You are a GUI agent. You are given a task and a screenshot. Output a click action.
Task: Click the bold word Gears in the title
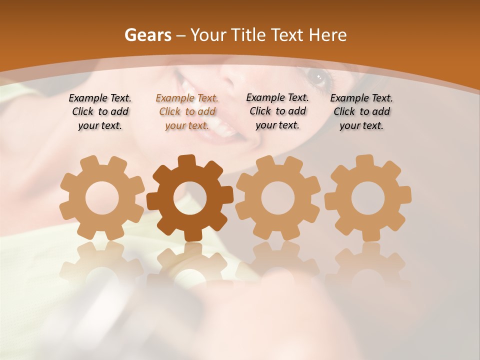point(147,35)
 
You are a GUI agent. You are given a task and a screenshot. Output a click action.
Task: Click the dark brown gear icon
point(190,197)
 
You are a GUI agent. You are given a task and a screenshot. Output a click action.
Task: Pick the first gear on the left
point(102,197)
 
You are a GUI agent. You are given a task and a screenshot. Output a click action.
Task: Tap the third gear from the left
point(278,197)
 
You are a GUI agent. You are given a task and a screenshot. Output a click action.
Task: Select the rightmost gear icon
point(368,197)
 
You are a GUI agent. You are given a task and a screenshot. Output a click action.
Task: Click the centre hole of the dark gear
point(190,198)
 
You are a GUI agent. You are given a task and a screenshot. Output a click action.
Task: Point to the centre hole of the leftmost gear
point(102,198)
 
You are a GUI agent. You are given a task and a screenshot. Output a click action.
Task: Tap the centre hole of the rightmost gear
point(368,198)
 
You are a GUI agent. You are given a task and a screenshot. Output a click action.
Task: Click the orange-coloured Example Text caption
point(187,112)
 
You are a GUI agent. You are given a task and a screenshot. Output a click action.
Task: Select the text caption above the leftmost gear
point(100,112)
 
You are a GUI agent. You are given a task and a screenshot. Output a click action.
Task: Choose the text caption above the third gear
point(277,111)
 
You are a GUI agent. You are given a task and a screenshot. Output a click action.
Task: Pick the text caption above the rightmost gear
point(361,112)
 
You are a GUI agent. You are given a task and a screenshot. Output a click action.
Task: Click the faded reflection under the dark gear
point(190,262)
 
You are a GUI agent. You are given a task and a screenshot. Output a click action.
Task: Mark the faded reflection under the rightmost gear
point(368,262)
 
